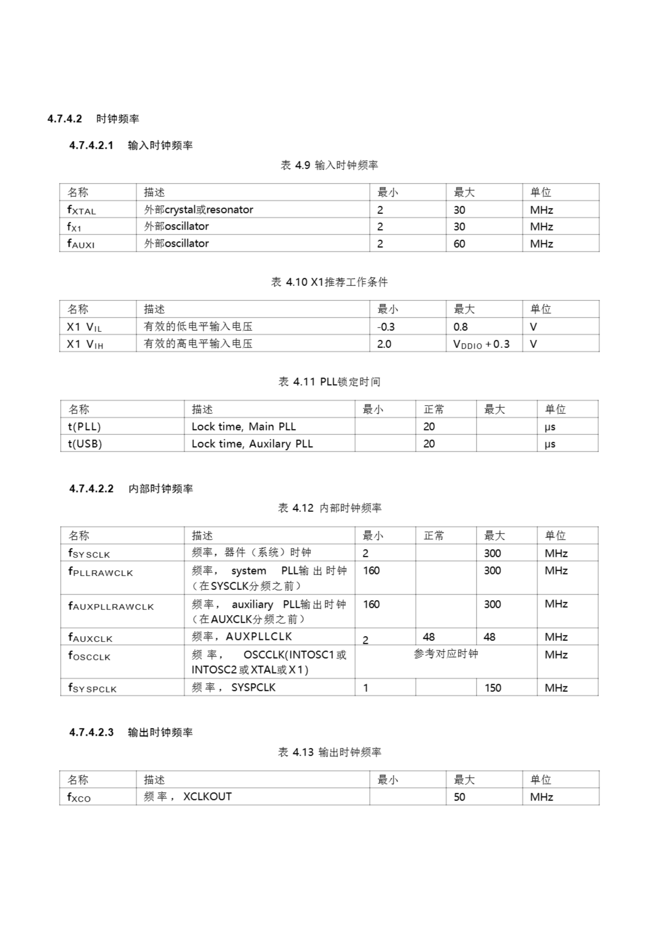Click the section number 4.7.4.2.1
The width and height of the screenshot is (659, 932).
tap(91, 145)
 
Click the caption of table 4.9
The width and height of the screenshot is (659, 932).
tap(329, 165)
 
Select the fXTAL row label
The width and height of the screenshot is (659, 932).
tap(81, 210)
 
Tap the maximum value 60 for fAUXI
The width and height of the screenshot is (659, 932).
tap(459, 244)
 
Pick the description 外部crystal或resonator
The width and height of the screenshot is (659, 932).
tap(198, 210)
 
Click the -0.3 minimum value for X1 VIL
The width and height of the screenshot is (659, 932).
tap(386, 327)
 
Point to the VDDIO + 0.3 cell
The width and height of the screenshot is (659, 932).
tap(481, 344)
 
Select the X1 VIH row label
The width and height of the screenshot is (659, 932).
tap(85, 344)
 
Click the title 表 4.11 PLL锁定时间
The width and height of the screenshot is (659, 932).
tap(329, 382)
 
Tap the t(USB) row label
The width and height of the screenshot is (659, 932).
tap(85, 444)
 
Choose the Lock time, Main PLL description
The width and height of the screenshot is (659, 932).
tap(244, 427)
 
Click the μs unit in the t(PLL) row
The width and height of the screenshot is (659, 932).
tap(550, 427)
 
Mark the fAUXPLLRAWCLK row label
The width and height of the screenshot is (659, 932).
tap(111, 607)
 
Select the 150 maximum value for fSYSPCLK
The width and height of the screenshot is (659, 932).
tap(493, 688)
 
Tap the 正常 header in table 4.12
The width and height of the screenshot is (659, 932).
tap(434, 536)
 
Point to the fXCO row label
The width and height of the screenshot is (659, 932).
tap(79, 797)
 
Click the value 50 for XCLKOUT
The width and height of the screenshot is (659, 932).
tap(459, 797)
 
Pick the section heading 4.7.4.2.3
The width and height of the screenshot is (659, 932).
tap(91, 732)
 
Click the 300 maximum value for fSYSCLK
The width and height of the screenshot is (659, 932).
tap(492, 553)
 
